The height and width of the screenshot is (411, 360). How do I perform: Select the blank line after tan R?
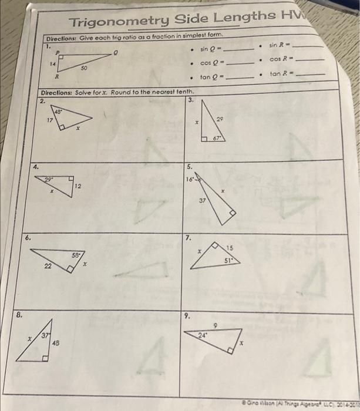[x=309, y=75]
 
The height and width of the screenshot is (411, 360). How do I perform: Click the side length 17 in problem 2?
[x=50, y=120]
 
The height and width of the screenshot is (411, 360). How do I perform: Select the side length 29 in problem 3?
[x=220, y=119]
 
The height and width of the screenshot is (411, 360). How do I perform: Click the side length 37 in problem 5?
[x=203, y=200]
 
